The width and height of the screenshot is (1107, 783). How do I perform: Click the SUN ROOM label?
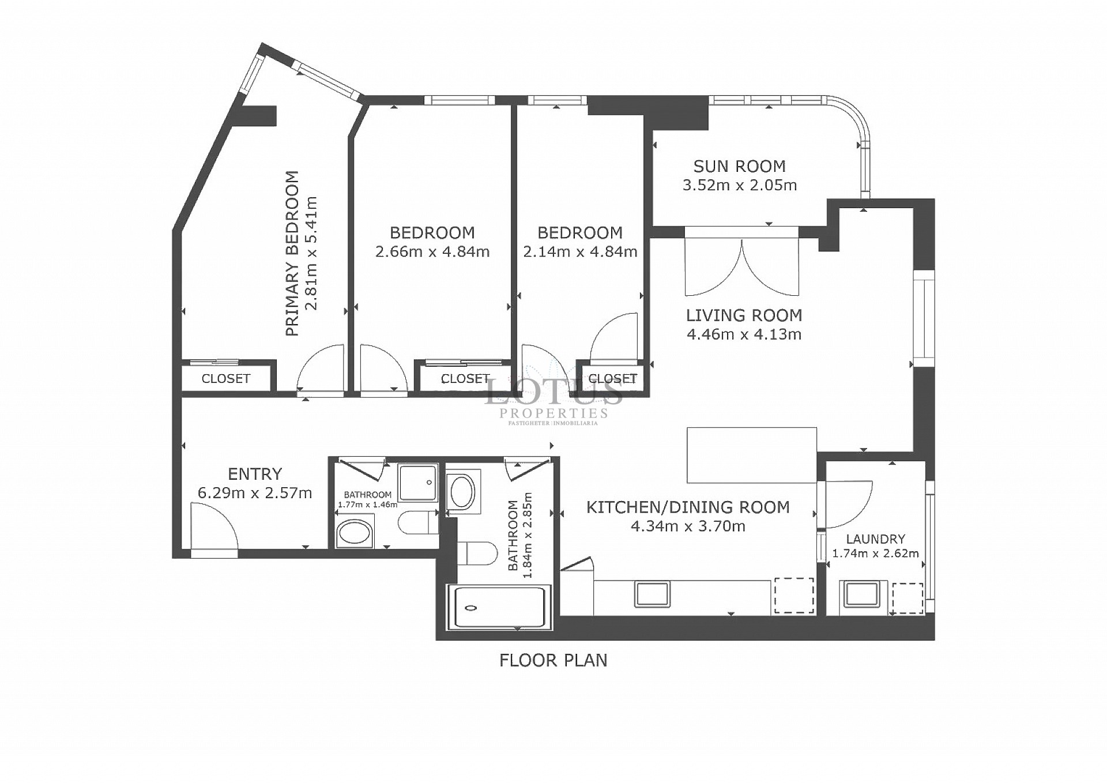[739, 166]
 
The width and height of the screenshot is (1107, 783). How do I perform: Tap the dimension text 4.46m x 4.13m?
[744, 334]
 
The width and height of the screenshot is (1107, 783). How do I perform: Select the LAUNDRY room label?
[875, 539]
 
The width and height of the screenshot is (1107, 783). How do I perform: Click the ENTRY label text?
[255, 474]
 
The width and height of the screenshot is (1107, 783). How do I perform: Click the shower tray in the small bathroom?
[419, 483]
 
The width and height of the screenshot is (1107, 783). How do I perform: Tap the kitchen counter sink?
[652, 594]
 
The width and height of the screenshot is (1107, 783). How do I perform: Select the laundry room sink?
[862, 594]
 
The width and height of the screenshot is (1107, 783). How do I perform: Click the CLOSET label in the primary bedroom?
[225, 379]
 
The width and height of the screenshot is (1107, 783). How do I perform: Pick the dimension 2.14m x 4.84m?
[580, 252]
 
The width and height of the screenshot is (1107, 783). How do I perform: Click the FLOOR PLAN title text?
[553, 660]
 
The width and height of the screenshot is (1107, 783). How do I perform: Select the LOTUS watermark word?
[553, 393]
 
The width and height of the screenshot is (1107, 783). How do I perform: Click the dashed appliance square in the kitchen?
[794, 595]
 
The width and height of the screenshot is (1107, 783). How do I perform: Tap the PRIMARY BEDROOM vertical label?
[293, 253]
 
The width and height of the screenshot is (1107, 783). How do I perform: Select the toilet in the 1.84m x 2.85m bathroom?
[478, 553]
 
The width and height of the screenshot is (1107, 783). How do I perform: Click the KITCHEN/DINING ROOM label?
[687, 507]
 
